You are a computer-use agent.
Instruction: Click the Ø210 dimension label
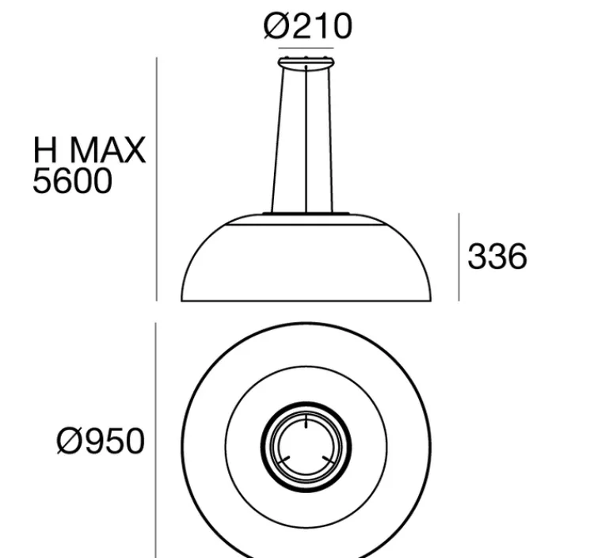(x=307, y=26)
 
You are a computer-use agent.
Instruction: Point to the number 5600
(x=72, y=181)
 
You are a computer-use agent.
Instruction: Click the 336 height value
(x=497, y=256)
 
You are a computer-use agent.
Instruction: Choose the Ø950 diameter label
(x=101, y=441)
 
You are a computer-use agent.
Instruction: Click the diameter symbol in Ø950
(x=69, y=441)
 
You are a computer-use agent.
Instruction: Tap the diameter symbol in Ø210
(x=276, y=26)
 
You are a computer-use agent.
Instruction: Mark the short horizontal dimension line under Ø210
(x=306, y=50)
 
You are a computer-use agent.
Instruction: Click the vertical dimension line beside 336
(x=459, y=256)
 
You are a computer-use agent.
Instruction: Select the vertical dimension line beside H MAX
(x=157, y=178)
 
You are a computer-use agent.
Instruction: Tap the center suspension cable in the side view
(x=306, y=139)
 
